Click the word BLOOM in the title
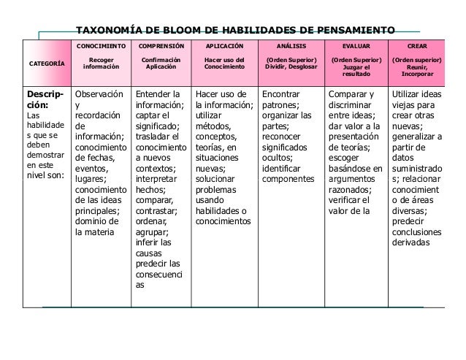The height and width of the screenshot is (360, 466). (169, 31)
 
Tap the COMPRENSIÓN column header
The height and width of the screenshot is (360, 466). (159, 45)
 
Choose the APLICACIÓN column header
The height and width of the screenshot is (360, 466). (224, 45)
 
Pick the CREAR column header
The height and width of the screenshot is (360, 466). (416, 45)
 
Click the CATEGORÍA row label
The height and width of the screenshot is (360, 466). (46, 64)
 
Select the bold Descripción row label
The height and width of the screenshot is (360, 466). (45, 99)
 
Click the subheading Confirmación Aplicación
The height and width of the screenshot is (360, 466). (159, 64)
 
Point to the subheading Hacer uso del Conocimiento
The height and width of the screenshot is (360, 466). (224, 64)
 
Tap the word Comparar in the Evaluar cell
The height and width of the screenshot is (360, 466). (351, 94)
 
